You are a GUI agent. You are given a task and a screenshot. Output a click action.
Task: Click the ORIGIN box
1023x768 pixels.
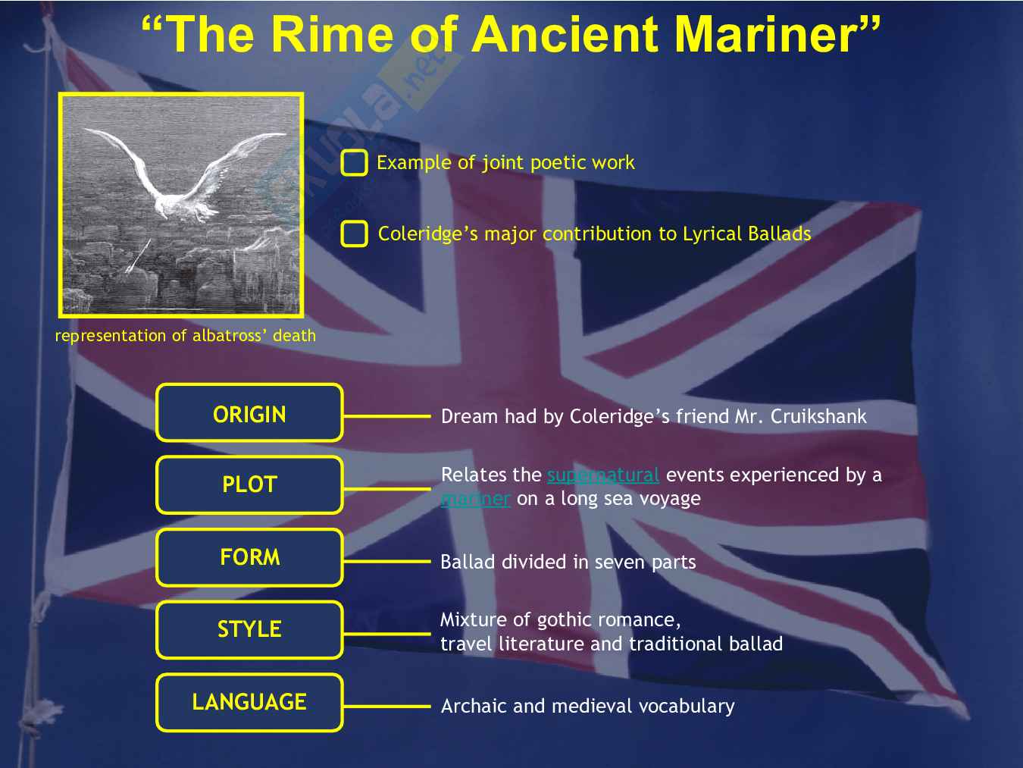pos(250,412)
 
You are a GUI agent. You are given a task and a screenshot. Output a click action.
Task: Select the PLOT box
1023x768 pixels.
pos(250,485)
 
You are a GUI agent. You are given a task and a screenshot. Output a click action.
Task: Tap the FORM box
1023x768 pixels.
pos(250,557)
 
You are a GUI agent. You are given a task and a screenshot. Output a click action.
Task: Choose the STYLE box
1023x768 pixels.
pos(250,629)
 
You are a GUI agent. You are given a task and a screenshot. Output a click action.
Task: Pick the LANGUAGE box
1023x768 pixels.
pos(250,702)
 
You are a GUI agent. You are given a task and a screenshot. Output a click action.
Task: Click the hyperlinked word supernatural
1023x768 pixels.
pos(603,475)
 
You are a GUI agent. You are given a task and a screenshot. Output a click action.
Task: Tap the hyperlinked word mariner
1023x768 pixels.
pos(475,498)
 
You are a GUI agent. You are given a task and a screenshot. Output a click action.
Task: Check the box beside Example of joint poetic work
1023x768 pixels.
pos(354,163)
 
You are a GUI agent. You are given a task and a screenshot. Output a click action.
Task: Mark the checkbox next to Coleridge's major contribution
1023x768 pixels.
pos(354,234)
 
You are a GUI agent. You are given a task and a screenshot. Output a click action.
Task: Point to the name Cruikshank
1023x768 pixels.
pos(818,416)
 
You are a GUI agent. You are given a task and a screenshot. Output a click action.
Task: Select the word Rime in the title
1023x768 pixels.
pos(333,35)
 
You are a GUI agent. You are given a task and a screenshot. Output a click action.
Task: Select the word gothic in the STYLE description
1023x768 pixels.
pos(564,621)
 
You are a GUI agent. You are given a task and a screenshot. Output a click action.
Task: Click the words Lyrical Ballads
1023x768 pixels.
pos(746,234)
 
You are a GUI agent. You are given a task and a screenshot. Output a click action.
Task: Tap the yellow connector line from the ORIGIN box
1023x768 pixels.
pos(387,416)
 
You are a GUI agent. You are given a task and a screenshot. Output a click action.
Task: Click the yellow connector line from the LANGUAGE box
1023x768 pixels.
pos(387,707)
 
